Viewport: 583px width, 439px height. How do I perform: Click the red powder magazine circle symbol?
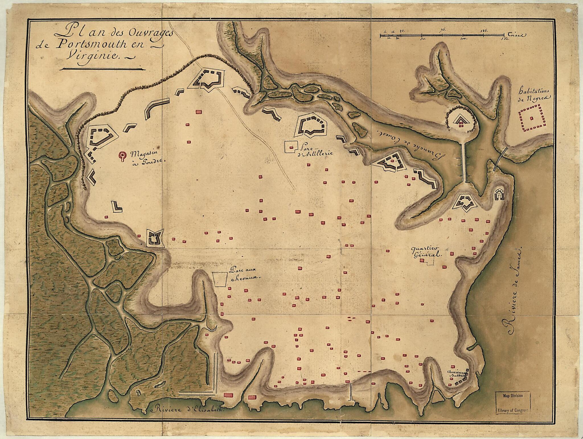(x=122, y=156)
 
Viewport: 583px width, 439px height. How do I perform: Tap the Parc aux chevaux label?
(x=243, y=274)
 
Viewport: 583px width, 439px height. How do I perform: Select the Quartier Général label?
(x=425, y=252)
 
